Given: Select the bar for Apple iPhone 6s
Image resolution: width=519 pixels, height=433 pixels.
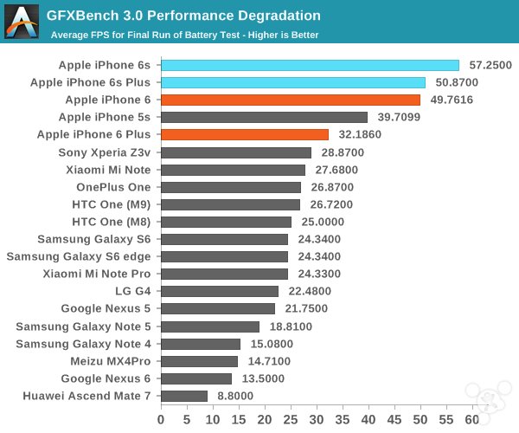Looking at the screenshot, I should coord(310,65).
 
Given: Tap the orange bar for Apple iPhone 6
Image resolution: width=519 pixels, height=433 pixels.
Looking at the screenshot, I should coord(290,100).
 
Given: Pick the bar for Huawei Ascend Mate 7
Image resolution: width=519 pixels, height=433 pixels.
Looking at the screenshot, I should coord(184,396).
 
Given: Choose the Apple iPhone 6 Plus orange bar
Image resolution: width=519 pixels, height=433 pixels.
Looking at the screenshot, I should coord(244,134).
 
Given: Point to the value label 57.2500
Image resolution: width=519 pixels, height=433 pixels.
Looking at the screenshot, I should coord(490,65).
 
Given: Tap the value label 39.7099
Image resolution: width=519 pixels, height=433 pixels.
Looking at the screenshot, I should coord(399,117).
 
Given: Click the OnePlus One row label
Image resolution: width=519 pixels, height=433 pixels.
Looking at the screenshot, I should coord(113,186).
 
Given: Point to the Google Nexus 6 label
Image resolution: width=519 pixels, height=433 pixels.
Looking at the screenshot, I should coord(106,378).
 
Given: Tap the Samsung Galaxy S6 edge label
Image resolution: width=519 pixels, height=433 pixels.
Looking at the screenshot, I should coord(79,256).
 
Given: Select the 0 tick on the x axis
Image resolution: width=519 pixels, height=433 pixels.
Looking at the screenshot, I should coord(161,419).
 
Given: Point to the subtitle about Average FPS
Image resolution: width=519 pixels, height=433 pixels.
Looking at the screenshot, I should coord(184,35).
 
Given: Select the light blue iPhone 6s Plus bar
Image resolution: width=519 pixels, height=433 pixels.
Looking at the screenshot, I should coord(292,82).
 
